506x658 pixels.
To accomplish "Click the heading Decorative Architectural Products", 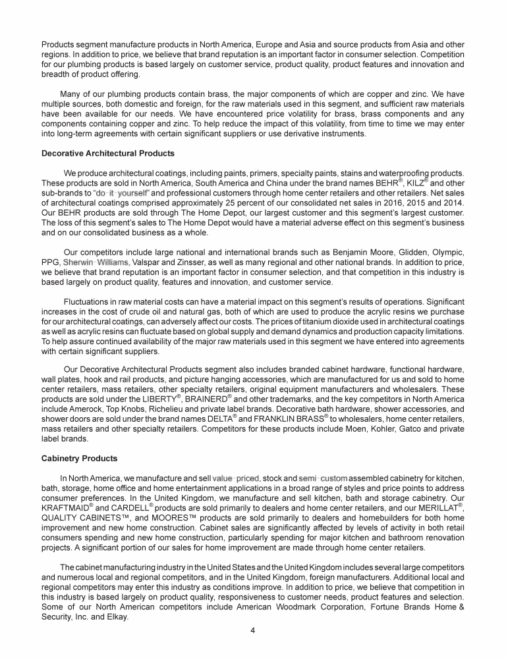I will [x=107, y=153].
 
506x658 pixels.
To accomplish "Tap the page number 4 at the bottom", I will [x=252, y=630].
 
